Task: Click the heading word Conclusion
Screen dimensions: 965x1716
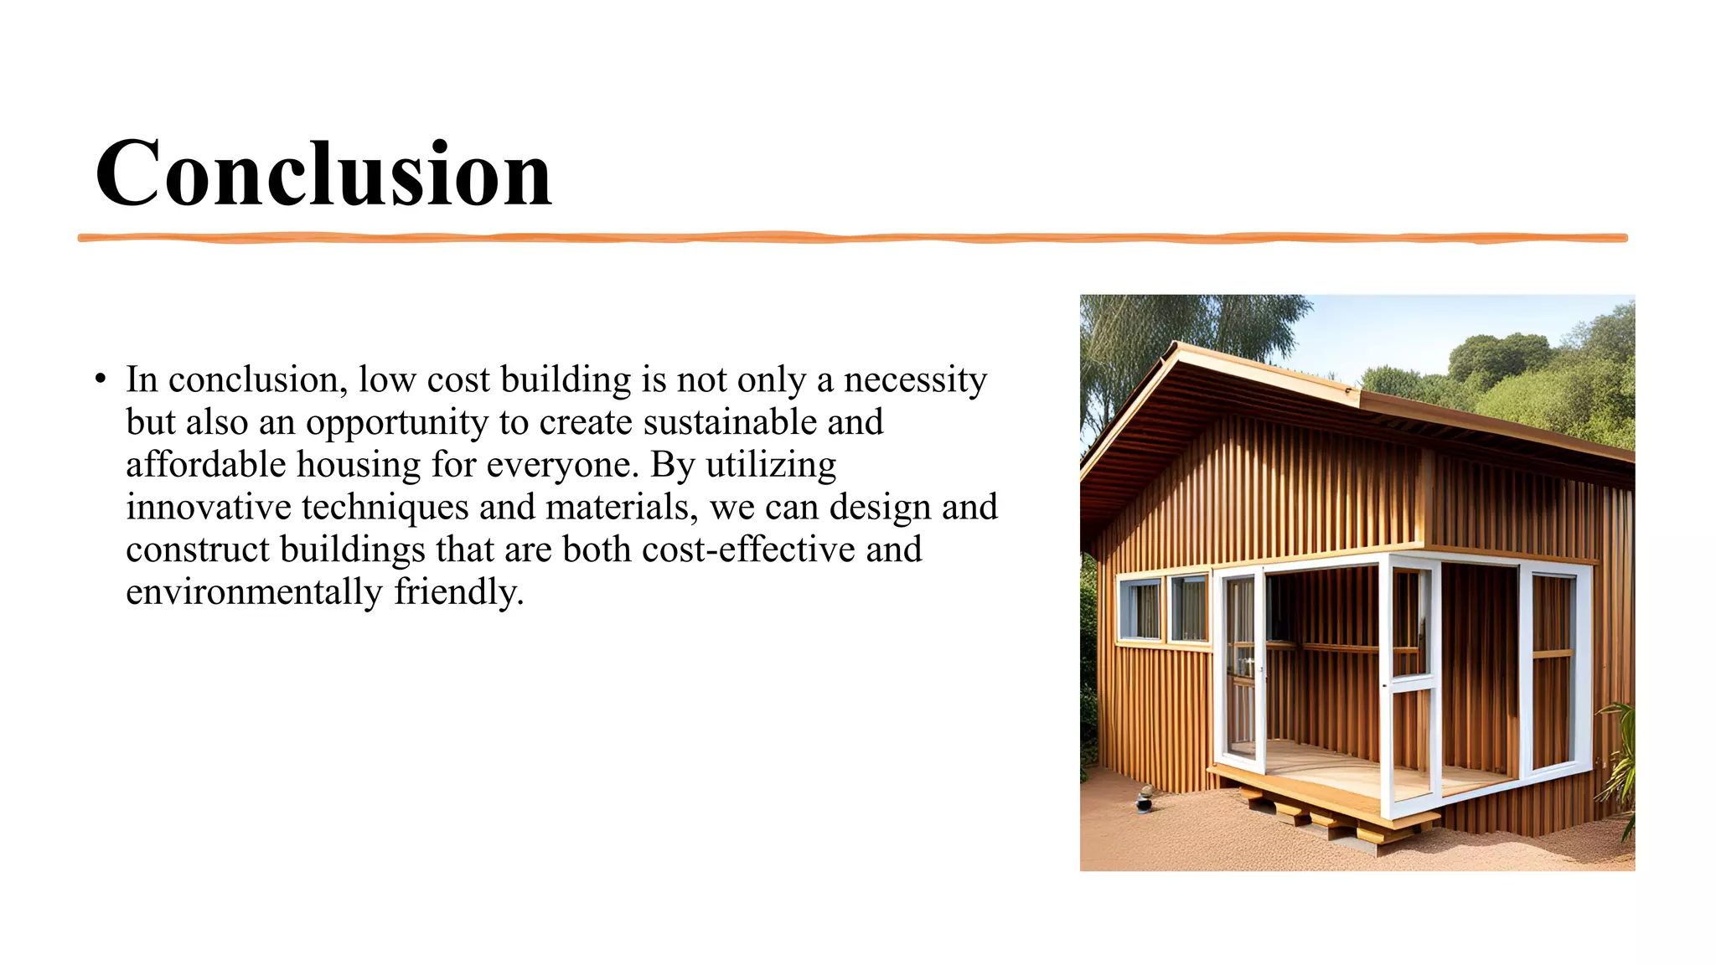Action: point(323,173)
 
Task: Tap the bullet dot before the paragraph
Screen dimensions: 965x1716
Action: point(101,379)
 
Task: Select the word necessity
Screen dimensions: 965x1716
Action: point(915,379)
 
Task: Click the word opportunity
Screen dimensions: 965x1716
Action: point(396,423)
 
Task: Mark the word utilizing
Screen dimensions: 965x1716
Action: point(771,465)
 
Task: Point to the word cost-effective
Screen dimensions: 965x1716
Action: point(748,550)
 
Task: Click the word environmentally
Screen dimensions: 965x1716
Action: point(254,592)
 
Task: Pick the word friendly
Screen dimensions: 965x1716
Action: point(458,592)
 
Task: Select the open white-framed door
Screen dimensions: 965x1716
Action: point(1241,670)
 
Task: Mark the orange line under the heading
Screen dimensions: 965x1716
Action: point(852,238)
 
